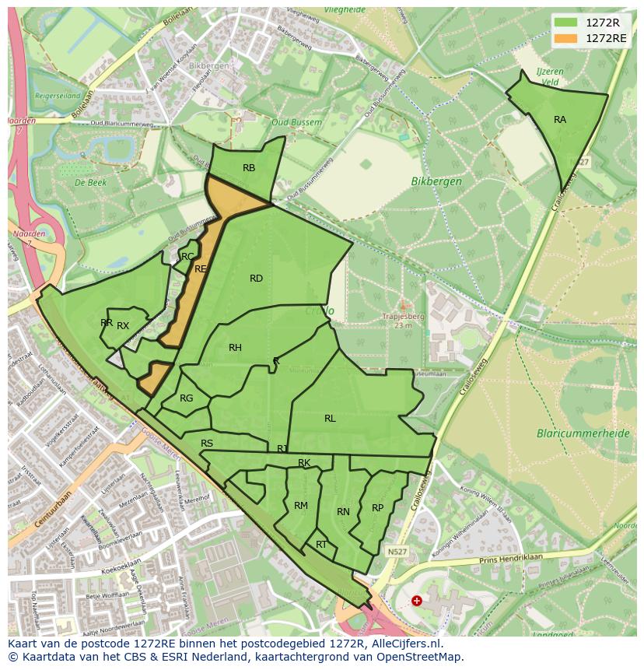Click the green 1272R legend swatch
coord(565,23)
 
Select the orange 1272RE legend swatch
coord(565,38)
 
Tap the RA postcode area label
coord(560,120)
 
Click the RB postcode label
coord(249,168)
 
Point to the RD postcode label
coord(256,279)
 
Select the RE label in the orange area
coord(201,269)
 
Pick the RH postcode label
coord(235,348)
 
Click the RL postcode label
coord(330,419)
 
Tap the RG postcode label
coord(187,398)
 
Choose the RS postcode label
coord(207,444)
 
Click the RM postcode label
coord(301,506)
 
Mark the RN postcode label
coord(343,512)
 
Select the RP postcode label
coord(377,508)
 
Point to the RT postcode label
coord(321,545)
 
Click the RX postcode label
coord(123,326)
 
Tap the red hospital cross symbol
coord(417,601)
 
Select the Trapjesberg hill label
coord(404,317)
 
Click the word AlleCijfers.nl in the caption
coord(404,644)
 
